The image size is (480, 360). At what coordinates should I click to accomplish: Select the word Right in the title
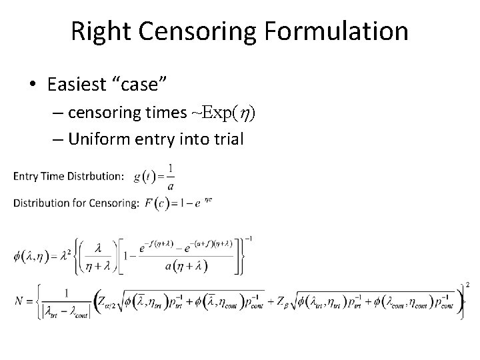98,31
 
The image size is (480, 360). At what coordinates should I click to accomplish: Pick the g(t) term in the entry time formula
144,176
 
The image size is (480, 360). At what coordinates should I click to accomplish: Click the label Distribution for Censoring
76,203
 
